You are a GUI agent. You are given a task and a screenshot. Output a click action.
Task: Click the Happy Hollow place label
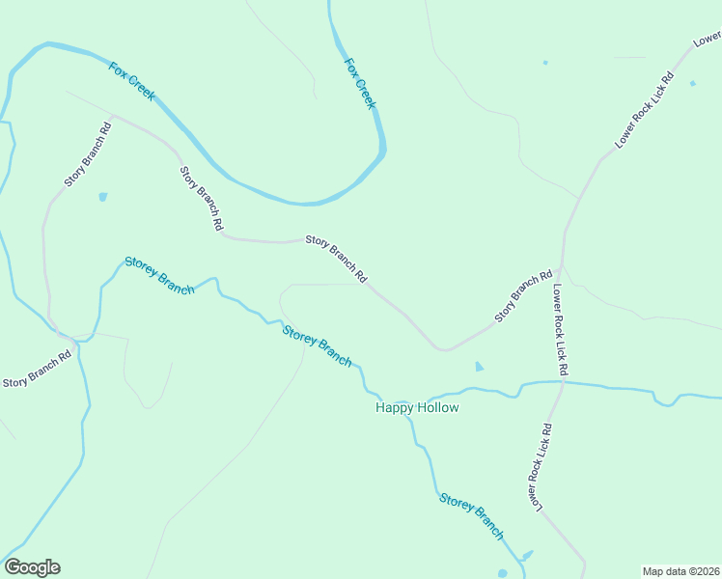click(x=416, y=408)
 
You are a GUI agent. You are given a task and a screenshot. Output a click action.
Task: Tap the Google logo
click(x=32, y=567)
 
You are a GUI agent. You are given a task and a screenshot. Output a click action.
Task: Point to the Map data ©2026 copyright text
click(x=681, y=571)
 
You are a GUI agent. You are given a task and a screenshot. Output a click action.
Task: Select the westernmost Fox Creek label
click(x=132, y=82)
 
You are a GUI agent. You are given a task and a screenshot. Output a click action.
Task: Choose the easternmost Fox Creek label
click(x=360, y=82)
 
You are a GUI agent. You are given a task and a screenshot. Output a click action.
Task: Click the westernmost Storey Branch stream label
click(x=159, y=276)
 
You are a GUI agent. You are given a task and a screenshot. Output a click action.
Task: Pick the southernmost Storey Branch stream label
click(x=472, y=515)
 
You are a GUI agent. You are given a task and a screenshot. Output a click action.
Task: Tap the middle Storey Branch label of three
click(x=317, y=345)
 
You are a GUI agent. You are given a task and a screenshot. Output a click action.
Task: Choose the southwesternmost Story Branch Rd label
click(x=38, y=369)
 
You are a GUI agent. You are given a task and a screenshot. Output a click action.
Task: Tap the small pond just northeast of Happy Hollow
click(x=480, y=367)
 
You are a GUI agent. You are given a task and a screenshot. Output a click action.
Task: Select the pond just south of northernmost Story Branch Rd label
click(x=103, y=197)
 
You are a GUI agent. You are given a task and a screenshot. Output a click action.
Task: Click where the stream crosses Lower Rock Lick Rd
click(x=561, y=382)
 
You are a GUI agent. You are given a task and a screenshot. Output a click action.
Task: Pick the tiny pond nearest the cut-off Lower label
click(x=693, y=83)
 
